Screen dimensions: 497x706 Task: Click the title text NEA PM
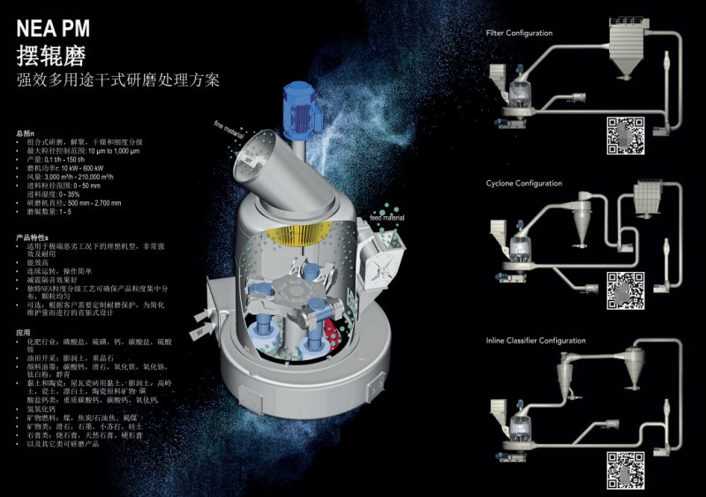point(55,30)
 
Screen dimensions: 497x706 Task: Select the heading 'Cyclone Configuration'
point(523,184)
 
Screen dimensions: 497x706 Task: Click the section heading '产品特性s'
point(34,238)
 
